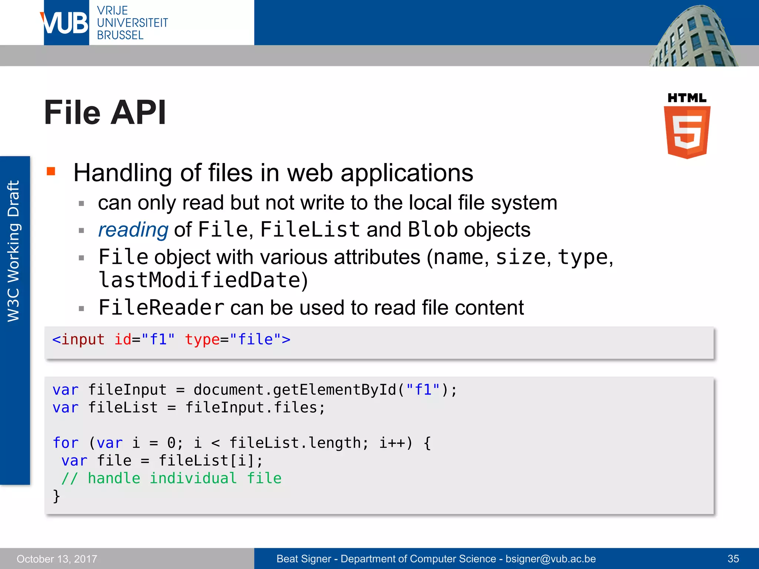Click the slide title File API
(x=105, y=113)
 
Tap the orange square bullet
(x=51, y=171)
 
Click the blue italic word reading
(x=133, y=230)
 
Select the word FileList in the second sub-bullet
(x=310, y=230)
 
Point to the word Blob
(x=432, y=230)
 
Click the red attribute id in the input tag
(x=123, y=339)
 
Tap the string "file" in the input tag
(x=255, y=339)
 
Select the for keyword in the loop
(x=66, y=443)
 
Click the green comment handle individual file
(x=172, y=478)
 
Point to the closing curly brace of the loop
(x=56, y=496)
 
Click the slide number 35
(x=733, y=559)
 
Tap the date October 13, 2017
(x=57, y=559)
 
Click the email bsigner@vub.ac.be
(x=551, y=559)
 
